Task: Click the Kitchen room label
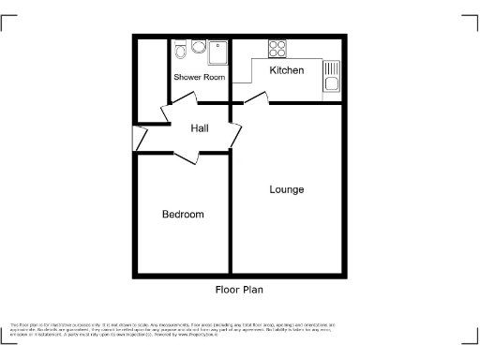pyautogui.click(x=286, y=70)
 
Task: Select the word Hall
pyautogui.click(x=200, y=128)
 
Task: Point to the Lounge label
pyautogui.click(x=286, y=189)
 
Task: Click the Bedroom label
pyautogui.click(x=183, y=215)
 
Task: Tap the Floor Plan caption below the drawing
pyautogui.click(x=239, y=291)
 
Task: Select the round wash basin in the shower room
pyautogui.click(x=199, y=47)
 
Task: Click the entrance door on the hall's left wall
pyautogui.click(x=141, y=138)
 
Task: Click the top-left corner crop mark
pyautogui.click(x=7, y=21)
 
